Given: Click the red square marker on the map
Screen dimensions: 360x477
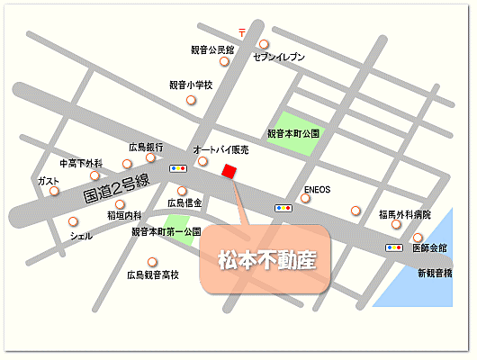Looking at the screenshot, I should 229,172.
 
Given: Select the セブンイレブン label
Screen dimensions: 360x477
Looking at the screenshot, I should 279,58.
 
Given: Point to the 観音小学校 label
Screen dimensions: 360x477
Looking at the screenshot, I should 190,85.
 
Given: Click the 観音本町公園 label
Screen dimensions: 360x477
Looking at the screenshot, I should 293,133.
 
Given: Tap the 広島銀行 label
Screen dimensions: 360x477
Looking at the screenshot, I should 145,147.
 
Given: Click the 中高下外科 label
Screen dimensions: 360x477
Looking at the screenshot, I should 81,164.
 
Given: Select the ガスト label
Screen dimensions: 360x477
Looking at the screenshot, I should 49,181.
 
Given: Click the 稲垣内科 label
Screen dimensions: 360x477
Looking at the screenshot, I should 124,215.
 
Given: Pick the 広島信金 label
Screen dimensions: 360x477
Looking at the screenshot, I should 184,203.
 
